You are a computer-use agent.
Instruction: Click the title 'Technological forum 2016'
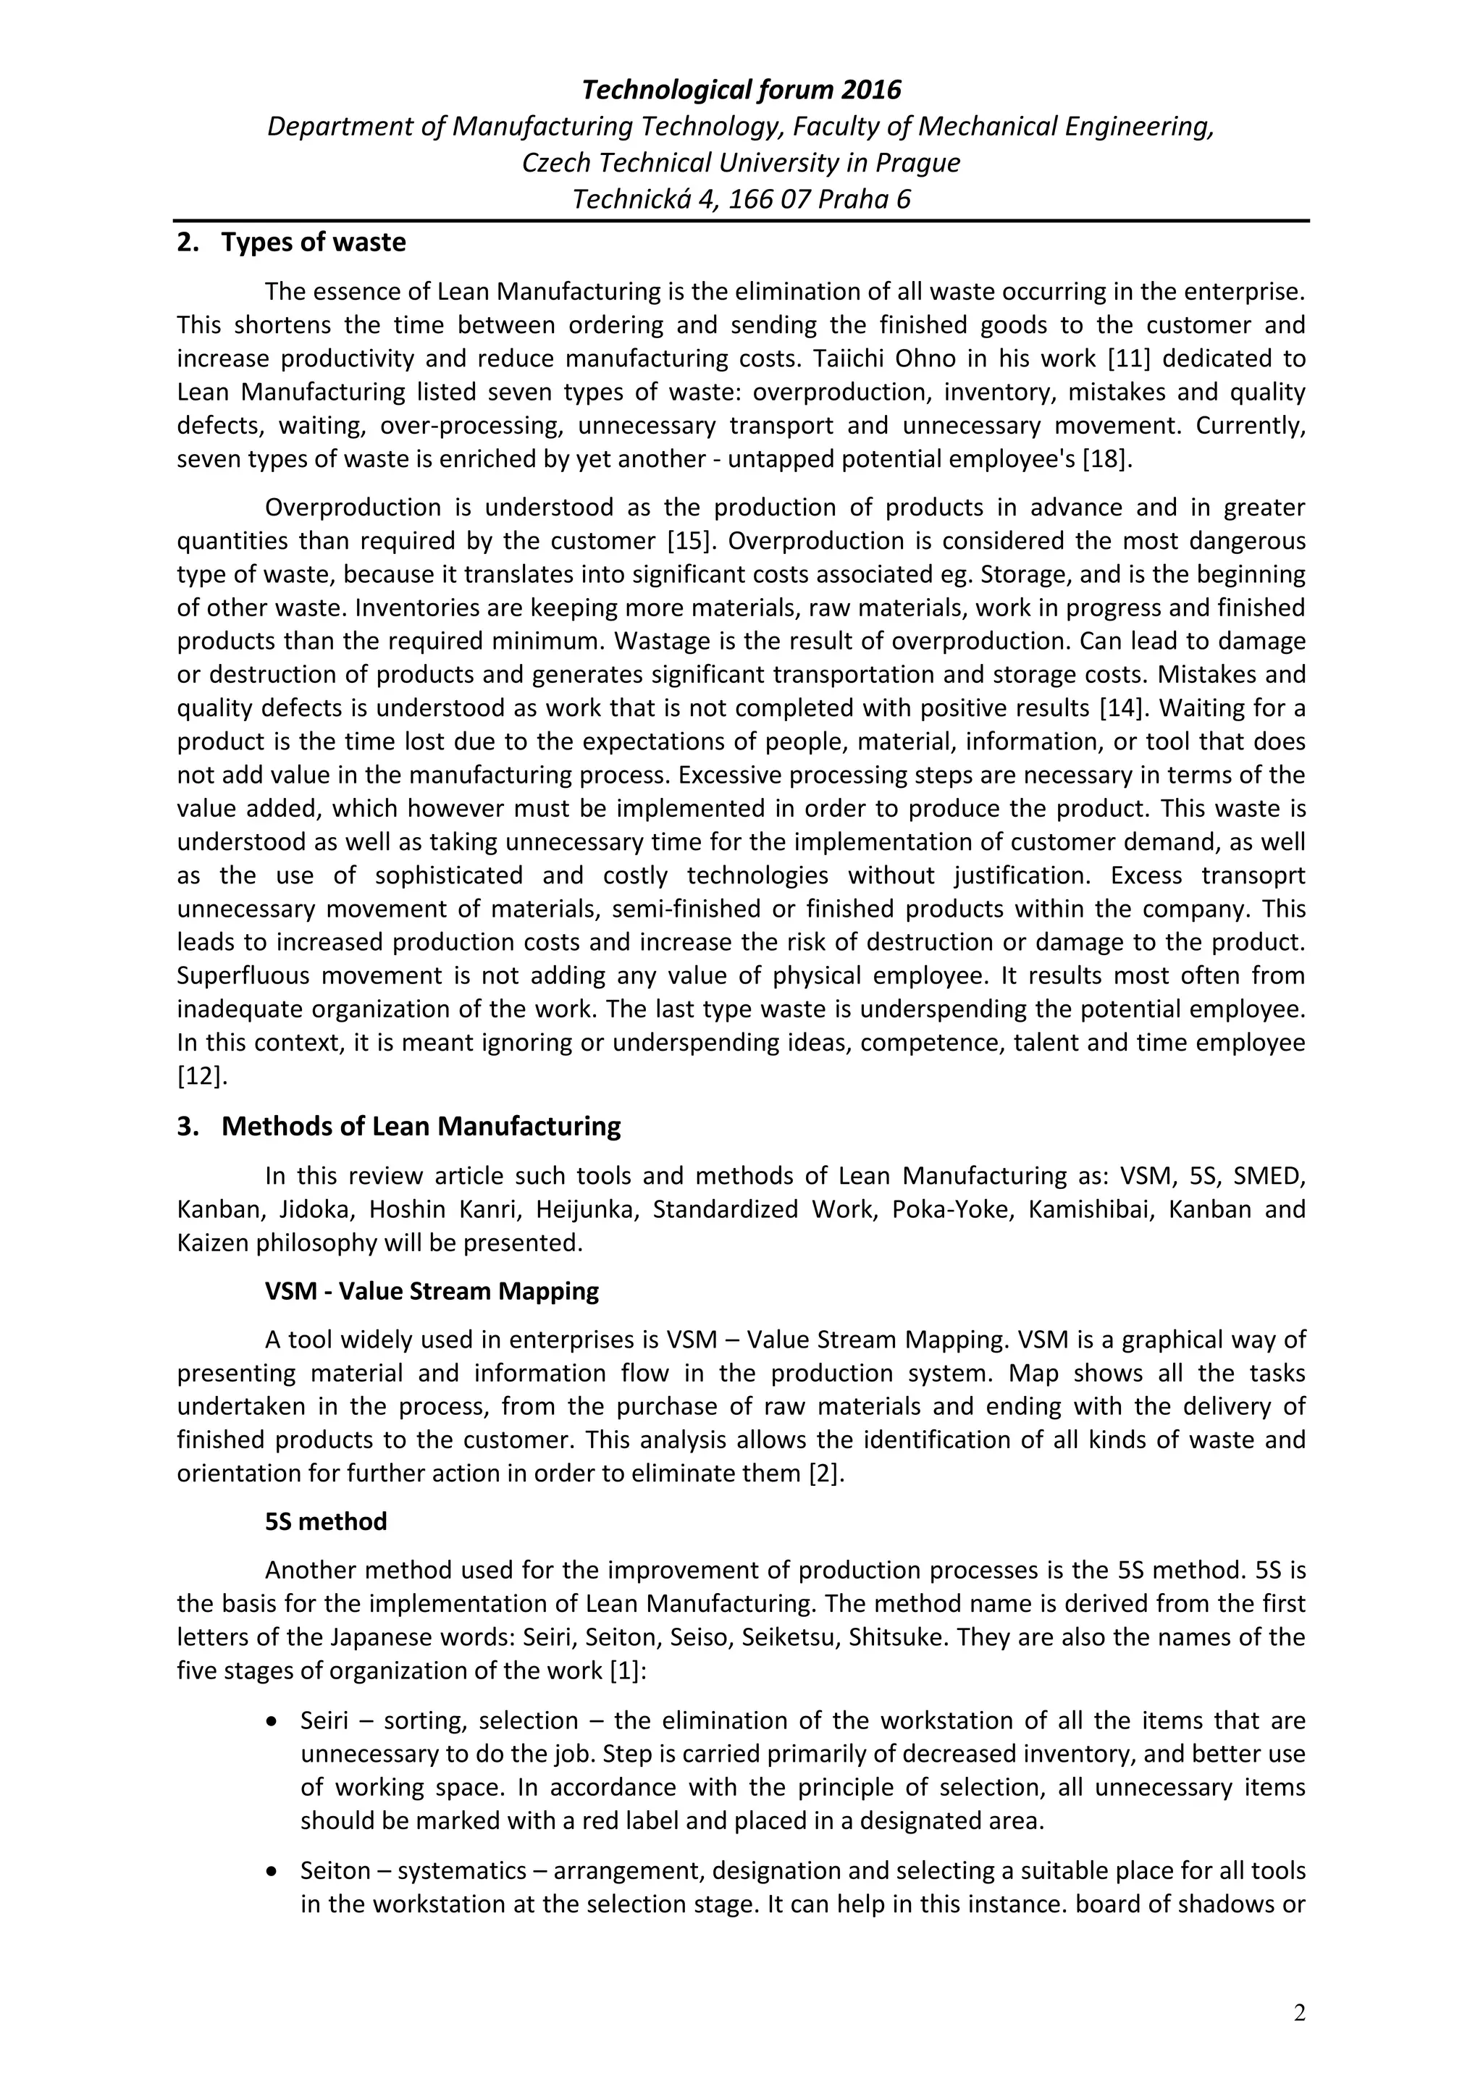coord(741,90)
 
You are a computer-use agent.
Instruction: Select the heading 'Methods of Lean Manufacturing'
coord(420,1126)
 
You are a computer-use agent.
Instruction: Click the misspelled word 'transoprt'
coord(1253,875)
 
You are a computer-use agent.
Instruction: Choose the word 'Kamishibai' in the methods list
coord(1085,1209)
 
